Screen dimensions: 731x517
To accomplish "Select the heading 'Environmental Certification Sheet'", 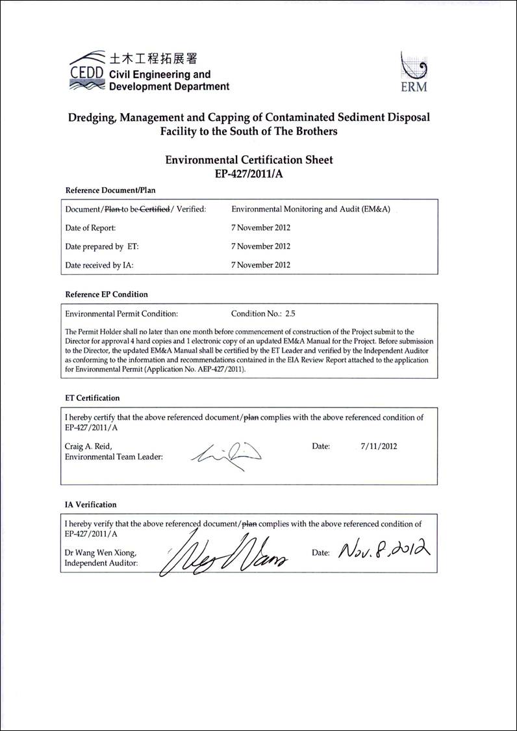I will pos(249,159).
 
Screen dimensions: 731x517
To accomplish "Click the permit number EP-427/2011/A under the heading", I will pos(249,173).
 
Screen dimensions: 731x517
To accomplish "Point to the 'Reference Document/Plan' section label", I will pos(110,190).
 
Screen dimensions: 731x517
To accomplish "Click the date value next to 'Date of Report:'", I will pos(260,228).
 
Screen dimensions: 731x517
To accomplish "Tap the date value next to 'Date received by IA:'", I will pos(260,264).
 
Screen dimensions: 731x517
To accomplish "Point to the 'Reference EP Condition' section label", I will pos(107,294).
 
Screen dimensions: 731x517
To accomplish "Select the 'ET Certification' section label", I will pos(92,398).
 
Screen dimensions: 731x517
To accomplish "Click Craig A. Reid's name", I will pos(88,446).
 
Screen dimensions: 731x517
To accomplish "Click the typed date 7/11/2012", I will pos(379,446).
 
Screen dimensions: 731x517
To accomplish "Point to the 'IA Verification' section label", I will pos(91,504).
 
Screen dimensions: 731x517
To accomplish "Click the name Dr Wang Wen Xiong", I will pos(101,552).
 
